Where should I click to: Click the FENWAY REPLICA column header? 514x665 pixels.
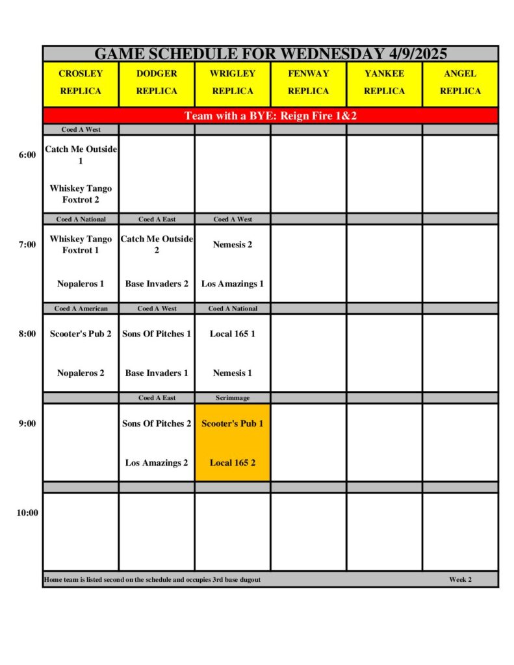click(308, 82)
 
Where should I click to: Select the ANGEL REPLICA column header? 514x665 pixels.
click(460, 82)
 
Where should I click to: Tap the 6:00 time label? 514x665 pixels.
click(27, 155)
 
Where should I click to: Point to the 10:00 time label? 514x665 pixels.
click(27, 512)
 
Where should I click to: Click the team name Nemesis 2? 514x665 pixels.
click(232, 245)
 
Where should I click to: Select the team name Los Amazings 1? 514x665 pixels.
click(232, 284)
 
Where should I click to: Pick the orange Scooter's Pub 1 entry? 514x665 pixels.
click(232, 423)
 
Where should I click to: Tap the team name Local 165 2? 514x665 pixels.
click(232, 462)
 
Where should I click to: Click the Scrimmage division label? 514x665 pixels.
click(232, 397)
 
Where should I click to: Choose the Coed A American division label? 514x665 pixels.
click(81, 308)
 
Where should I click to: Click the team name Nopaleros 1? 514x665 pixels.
click(81, 284)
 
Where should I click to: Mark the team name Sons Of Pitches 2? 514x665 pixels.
click(157, 423)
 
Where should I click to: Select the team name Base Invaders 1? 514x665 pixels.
click(157, 373)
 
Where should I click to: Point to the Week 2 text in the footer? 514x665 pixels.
click(460, 579)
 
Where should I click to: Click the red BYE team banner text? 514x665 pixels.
click(270, 116)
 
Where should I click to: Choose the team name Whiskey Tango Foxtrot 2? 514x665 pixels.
click(81, 194)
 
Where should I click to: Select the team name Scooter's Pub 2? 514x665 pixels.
click(81, 334)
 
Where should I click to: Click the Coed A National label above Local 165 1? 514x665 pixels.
click(232, 308)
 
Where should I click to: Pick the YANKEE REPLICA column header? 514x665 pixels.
click(384, 82)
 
